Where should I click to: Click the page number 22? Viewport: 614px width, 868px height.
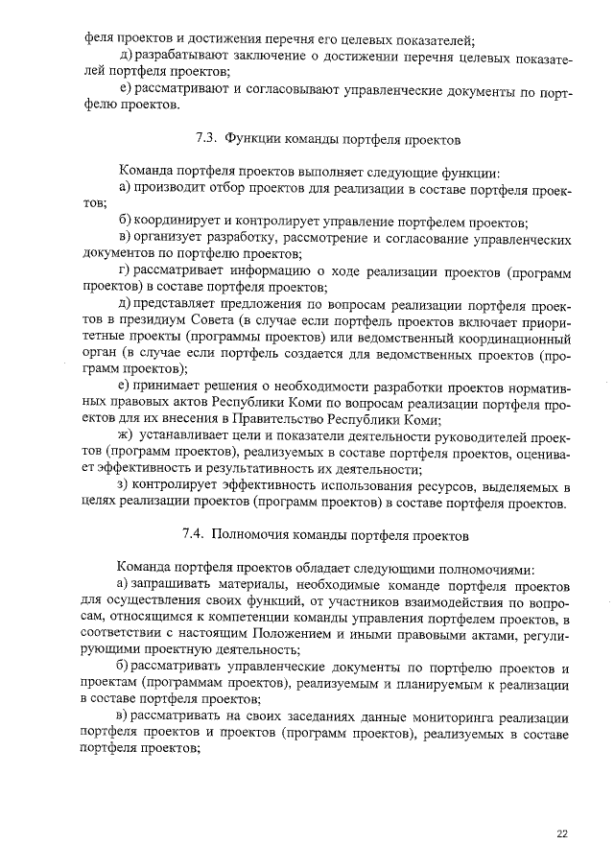point(562,833)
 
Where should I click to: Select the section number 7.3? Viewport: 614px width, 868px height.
point(206,139)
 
